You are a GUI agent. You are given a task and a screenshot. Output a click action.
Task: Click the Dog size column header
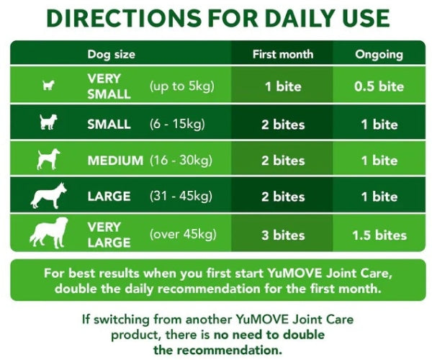click(x=111, y=54)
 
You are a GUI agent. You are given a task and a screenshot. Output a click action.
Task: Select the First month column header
click(x=283, y=54)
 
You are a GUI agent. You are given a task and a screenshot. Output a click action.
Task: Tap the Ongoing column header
click(x=379, y=54)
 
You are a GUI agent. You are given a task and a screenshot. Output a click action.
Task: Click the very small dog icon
click(x=48, y=86)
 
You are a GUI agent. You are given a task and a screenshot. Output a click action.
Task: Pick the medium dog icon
click(x=48, y=159)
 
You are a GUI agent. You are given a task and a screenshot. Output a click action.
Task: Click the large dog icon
click(x=48, y=196)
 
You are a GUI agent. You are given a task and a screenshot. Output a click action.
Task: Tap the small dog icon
click(x=48, y=123)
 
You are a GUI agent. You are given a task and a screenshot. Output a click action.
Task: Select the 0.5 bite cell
click(x=379, y=87)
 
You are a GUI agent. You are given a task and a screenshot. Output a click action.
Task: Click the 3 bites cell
click(x=283, y=235)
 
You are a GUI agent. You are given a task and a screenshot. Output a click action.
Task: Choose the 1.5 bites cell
click(x=379, y=235)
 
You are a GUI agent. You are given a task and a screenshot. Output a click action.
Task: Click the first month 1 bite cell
click(x=283, y=87)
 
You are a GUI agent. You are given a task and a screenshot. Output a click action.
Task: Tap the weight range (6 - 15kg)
click(x=177, y=124)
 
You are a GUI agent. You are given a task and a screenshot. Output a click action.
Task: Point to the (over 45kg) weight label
click(x=181, y=234)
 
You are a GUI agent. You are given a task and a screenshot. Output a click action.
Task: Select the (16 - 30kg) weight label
click(x=181, y=160)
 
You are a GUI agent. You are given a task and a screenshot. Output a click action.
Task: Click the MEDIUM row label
click(x=115, y=160)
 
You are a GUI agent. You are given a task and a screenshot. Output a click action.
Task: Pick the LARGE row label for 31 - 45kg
click(x=109, y=197)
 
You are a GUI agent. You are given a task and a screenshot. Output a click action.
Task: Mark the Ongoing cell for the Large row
click(x=379, y=197)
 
